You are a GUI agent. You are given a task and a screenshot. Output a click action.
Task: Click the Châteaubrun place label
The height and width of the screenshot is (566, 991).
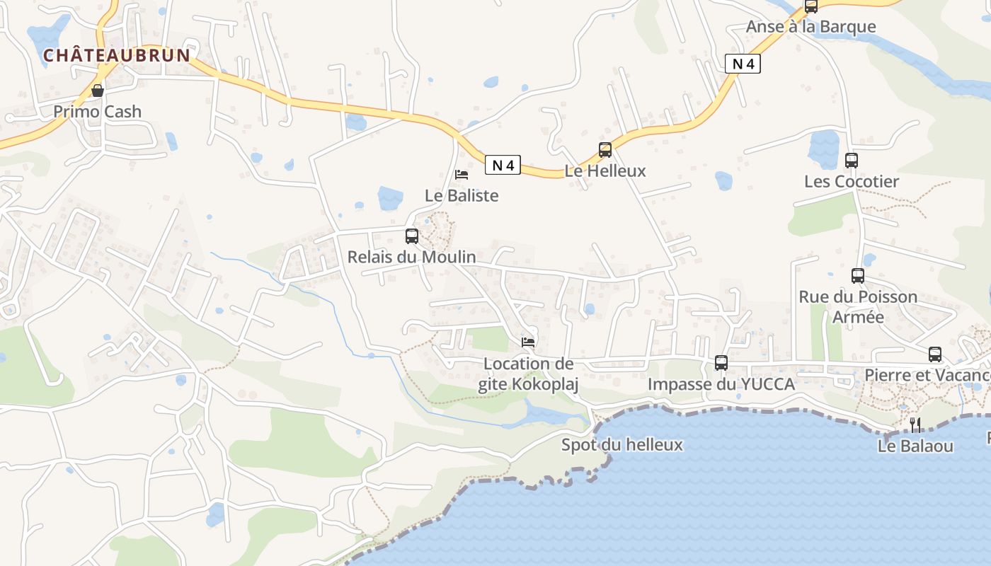click(x=118, y=55)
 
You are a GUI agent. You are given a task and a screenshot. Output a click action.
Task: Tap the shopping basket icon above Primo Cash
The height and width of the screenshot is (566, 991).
click(x=98, y=91)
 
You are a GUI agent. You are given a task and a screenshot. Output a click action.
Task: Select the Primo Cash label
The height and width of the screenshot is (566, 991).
click(x=98, y=112)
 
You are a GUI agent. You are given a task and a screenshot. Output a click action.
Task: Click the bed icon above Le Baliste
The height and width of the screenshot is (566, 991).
click(x=462, y=174)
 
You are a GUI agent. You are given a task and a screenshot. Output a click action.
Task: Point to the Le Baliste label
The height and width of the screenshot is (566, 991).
click(x=462, y=195)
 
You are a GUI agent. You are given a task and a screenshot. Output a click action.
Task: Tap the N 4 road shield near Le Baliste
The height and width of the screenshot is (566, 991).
click(x=503, y=166)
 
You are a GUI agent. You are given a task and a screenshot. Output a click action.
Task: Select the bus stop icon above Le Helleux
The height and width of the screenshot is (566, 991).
click(x=605, y=150)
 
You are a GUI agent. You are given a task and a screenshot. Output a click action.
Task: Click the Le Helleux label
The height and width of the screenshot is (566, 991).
click(x=605, y=171)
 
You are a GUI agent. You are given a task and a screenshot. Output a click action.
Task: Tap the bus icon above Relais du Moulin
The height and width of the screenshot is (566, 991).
click(x=411, y=236)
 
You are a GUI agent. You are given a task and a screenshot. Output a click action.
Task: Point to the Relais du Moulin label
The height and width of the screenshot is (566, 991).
click(x=411, y=257)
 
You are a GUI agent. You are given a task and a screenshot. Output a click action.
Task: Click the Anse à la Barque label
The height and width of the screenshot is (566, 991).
click(x=811, y=27)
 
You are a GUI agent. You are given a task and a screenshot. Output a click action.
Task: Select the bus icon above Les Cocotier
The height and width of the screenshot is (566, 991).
click(x=852, y=161)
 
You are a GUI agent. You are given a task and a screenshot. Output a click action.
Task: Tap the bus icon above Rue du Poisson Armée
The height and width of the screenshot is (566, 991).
click(x=858, y=276)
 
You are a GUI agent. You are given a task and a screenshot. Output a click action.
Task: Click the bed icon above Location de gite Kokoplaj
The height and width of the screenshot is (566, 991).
click(x=528, y=342)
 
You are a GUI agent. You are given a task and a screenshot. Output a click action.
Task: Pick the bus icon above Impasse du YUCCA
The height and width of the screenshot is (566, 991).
click(x=721, y=363)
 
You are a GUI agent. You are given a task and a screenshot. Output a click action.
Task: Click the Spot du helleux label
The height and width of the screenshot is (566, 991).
click(x=622, y=445)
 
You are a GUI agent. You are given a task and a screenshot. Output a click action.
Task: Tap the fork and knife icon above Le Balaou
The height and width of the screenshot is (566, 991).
click(x=915, y=424)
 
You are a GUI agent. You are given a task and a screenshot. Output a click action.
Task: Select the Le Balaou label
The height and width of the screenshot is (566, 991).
click(x=915, y=446)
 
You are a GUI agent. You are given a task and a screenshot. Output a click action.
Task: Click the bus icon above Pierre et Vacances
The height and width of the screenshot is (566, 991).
click(x=935, y=354)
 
